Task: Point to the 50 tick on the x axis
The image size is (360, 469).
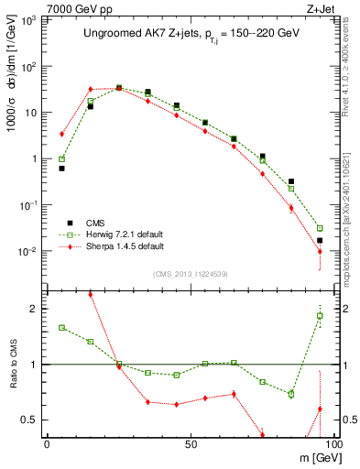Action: pyautogui.click(x=190, y=444)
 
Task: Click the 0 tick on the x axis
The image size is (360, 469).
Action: pyautogui.click(x=47, y=444)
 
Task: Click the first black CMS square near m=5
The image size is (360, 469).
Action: pyautogui.click(x=61, y=169)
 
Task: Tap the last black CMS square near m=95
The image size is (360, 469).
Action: pyautogui.click(x=320, y=240)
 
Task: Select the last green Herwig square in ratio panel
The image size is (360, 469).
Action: pyautogui.click(x=320, y=316)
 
